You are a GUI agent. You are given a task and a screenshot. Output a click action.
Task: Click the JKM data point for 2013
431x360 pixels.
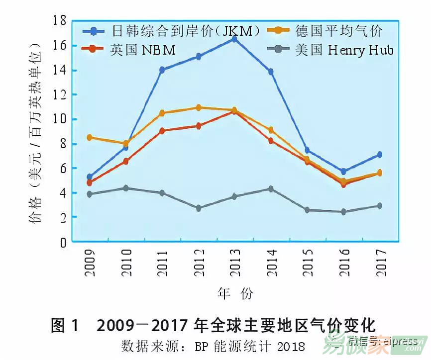(x=234, y=39)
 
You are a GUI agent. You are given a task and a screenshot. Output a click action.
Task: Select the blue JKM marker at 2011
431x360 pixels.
(x=162, y=70)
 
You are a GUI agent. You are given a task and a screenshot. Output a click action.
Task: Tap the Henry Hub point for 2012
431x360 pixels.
(x=198, y=208)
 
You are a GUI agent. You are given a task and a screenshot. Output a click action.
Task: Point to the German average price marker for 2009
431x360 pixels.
(x=90, y=137)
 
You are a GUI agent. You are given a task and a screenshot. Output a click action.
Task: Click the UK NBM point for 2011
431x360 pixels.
(x=162, y=131)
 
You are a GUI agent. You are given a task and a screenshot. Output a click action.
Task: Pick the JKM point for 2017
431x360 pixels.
(x=379, y=155)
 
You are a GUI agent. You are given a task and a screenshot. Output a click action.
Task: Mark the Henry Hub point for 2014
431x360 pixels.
(x=271, y=189)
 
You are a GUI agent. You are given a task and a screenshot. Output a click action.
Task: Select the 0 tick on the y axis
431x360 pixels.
(x=63, y=242)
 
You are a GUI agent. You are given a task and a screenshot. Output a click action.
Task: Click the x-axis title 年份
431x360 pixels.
(x=235, y=293)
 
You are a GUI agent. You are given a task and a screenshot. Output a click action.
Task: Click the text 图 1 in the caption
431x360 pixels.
(x=65, y=326)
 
